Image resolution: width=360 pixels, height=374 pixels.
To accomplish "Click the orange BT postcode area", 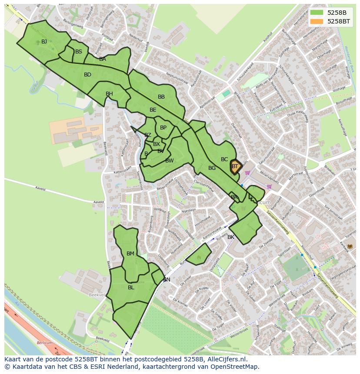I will (x=235, y=166).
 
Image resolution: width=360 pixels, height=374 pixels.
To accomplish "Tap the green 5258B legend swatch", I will (x=317, y=12).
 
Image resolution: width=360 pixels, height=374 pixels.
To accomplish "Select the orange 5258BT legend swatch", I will (x=317, y=21).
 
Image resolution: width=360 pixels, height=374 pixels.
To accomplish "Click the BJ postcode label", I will (x=44, y=42).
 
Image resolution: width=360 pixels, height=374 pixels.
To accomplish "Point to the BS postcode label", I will (x=79, y=52).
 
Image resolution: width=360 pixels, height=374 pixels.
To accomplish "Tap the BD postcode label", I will (x=87, y=75).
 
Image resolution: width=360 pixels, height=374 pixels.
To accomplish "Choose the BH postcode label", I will (x=109, y=94).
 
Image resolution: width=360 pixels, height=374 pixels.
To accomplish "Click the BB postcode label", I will (x=161, y=97).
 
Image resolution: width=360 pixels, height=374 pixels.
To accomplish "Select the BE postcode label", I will (x=153, y=110).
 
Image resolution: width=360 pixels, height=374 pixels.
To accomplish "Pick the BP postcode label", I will (x=163, y=128).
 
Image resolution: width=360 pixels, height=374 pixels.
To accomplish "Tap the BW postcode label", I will (x=169, y=161).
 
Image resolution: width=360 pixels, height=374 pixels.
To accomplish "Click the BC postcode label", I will (x=224, y=159).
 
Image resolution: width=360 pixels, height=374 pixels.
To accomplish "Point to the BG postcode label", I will (x=212, y=168).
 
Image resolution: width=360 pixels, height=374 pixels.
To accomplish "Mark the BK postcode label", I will (x=231, y=237).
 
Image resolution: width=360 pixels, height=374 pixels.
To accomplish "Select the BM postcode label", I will (x=130, y=254).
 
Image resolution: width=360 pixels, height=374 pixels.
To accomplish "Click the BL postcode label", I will (x=131, y=288).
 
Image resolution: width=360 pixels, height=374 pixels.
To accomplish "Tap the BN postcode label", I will (x=167, y=280).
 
